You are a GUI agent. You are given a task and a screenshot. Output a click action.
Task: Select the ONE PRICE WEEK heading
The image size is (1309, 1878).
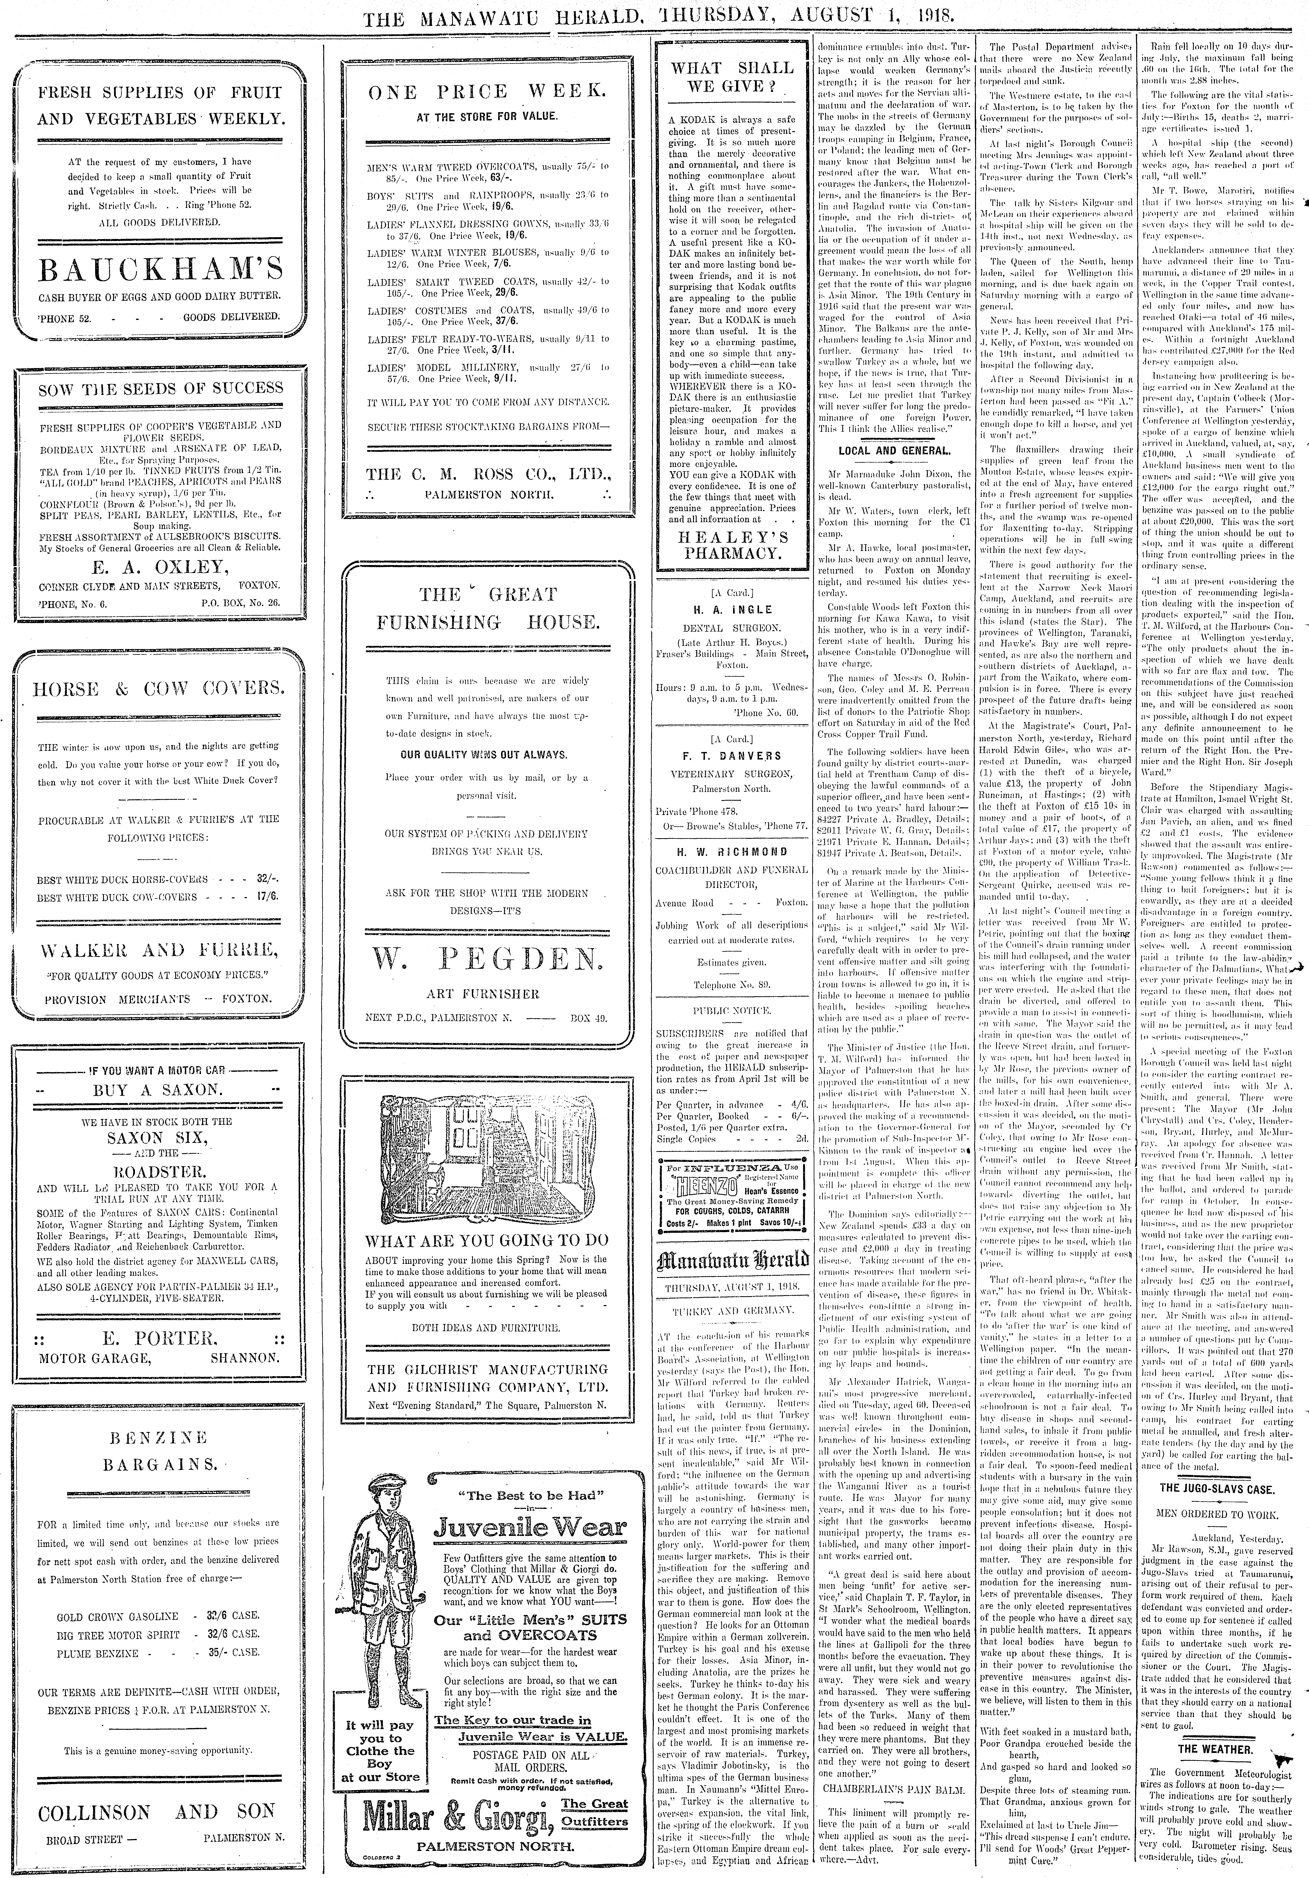pos(488,91)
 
